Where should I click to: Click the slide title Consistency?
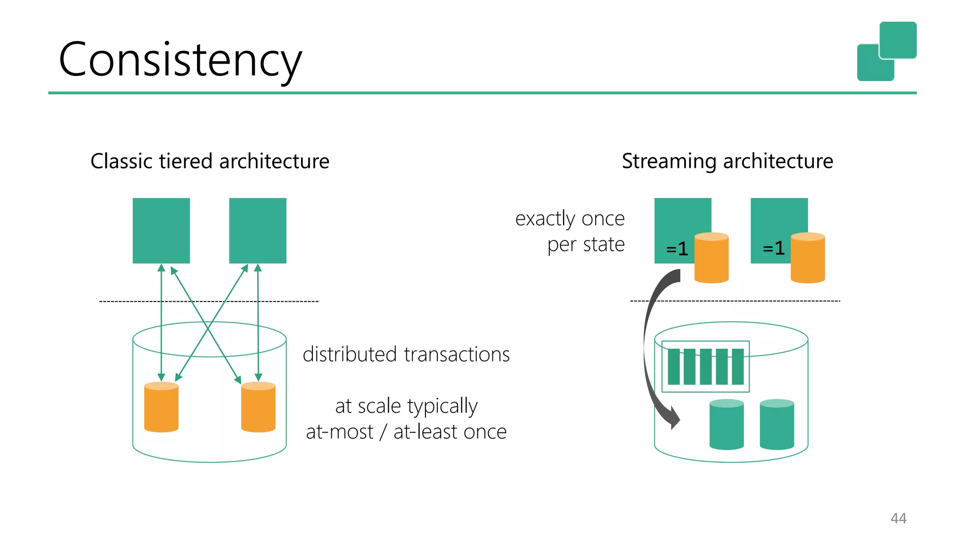pyautogui.click(x=180, y=59)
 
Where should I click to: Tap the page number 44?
pyautogui.click(x=898, y=518)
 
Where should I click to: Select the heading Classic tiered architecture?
pyautogui.click(x=210, y=161)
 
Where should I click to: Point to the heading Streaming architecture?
pyautogui.click(x=727, y=161)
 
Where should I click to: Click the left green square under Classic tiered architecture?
pyautogui.click(x=161, y=230)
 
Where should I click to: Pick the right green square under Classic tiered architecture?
pyautogui.click(x=257, y=230)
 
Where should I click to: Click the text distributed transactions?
pyautogui.click(x=406, y=354)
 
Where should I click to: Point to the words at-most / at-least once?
pyautogui.click(x=406, y=431)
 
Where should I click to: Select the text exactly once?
pyautogui.click(x=570, y=218)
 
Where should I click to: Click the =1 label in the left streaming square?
pyautogui.click(x=677, y=248)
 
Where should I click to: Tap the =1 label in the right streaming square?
pyautogui.click(x=774, y=248)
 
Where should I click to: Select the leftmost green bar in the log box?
pyautogui.click(x=674, y=367)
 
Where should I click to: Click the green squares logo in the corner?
pyautogui.click(x=887, y=51)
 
